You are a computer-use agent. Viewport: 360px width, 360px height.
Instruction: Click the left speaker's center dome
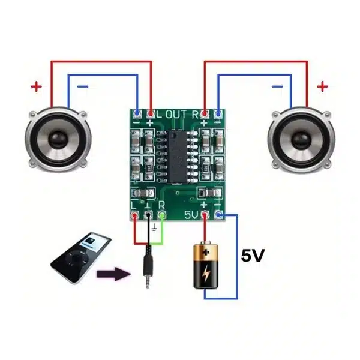coord(58,139)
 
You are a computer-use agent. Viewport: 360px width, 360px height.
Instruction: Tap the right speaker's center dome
coord(301,140)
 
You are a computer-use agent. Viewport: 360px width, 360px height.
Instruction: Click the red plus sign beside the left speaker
coord(37,86)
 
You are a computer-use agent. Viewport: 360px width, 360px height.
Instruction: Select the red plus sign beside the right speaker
coord(322,86)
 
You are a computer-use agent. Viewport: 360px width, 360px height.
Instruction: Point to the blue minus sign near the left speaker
coord(83,86)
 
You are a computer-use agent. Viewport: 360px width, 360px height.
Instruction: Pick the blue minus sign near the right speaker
coord(277,86)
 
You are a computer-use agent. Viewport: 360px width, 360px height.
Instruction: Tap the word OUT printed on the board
coord(176,115)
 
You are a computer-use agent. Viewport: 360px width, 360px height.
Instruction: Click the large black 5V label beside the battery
coord(253,256)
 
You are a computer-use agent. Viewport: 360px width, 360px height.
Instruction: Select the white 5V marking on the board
coord(191,215)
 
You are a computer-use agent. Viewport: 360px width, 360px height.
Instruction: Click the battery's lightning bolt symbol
coord(206,273)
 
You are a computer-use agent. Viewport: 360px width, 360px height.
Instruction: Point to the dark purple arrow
coord(114,274)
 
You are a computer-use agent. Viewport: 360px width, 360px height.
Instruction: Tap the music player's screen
coord(95,242)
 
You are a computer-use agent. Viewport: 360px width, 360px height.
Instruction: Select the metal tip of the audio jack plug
coord(148,282)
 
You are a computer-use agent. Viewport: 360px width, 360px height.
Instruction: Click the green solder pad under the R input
coord(162,215)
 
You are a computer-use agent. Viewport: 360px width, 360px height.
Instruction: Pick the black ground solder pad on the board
coord(148,215)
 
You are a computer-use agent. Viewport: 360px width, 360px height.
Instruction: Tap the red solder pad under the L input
coord(134,215)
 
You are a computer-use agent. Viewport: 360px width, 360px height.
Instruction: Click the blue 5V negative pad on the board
coord(218,215)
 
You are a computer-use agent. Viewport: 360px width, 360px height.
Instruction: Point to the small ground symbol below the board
coord(155,227)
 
